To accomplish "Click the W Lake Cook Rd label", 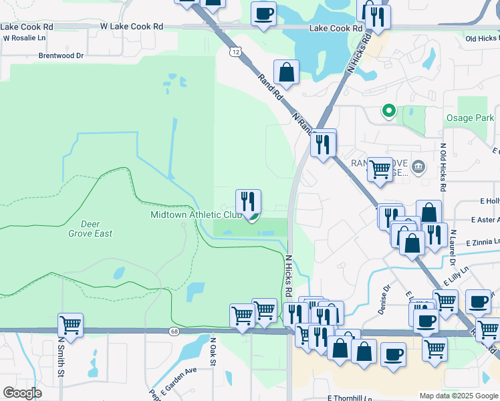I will coord(132,26).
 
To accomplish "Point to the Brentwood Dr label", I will coord(61,56).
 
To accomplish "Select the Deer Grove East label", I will coord(90,229).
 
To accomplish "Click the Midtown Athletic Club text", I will coord(196,215).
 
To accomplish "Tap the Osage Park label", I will coord(470,118).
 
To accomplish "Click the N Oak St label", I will coord(214,350).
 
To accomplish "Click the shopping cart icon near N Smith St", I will coord(70,325).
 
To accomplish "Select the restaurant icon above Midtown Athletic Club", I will coord(248,201).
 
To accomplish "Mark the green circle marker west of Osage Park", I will coord(388,111).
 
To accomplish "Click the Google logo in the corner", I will coord(22,393).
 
